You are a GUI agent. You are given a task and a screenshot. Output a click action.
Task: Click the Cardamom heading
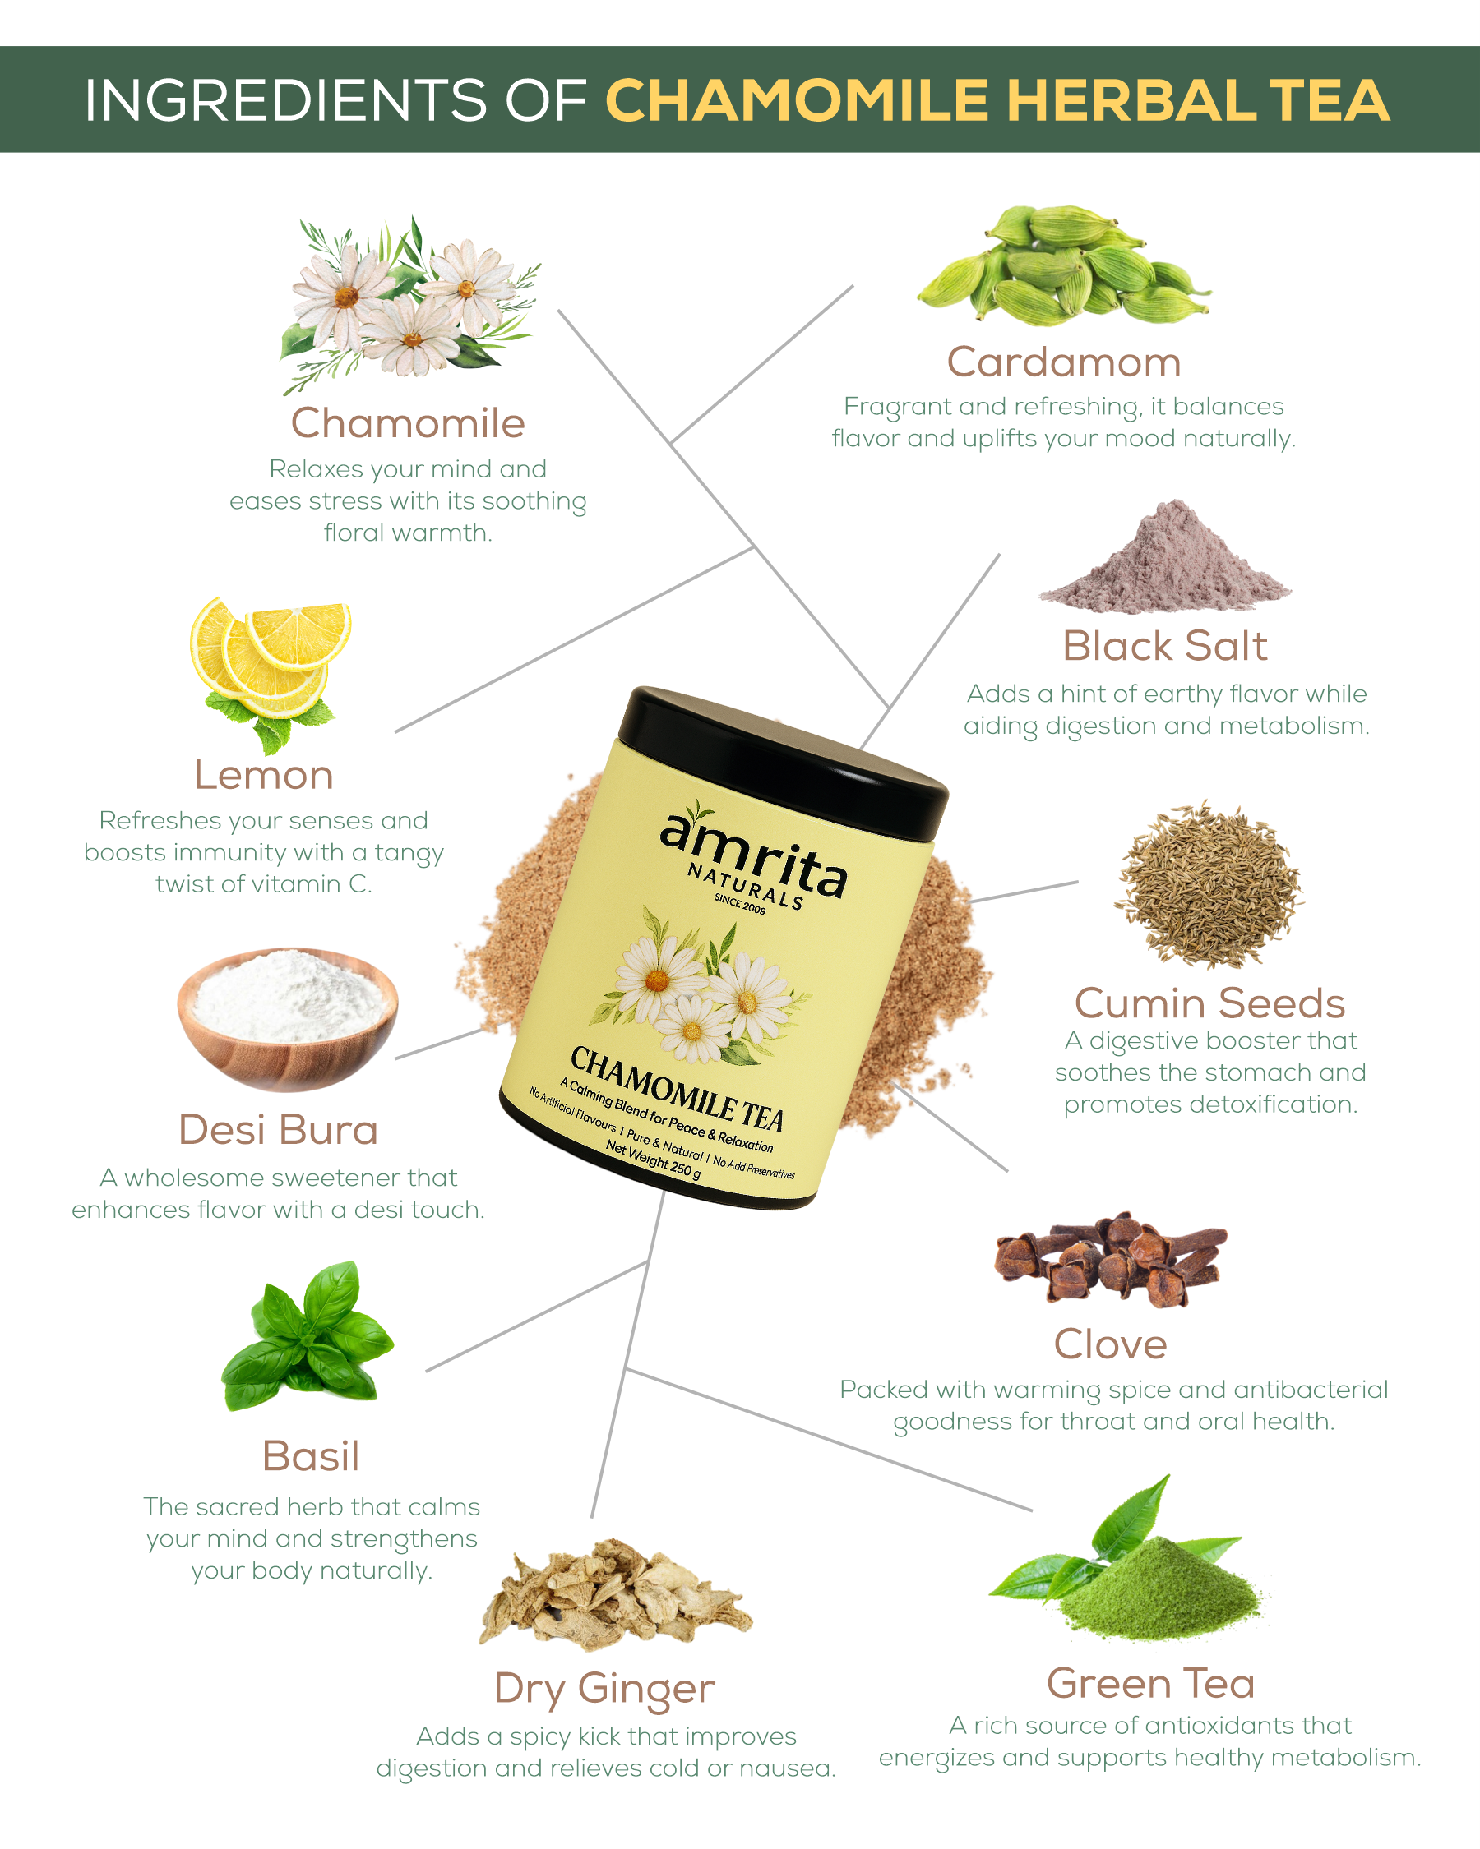click(1064, 362)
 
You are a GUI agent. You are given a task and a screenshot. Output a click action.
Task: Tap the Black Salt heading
click(1164, 646)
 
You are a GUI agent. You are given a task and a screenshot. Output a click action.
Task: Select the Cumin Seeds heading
click(1209, 1003)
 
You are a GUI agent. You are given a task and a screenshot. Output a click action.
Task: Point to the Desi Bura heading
click(278, 1129)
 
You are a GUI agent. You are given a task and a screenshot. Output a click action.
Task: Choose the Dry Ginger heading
click(604, 1689)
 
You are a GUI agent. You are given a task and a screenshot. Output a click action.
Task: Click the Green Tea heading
click(1150, 1683)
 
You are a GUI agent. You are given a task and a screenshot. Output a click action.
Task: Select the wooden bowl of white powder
click(288, 1019)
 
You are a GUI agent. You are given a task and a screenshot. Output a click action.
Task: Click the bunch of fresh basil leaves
click(308, 1336)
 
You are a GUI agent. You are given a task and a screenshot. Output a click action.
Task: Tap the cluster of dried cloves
click(1110, 1259)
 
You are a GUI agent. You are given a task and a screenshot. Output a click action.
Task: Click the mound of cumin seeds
click(1208, 886)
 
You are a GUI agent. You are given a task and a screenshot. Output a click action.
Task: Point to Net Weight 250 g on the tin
click(653, 1160)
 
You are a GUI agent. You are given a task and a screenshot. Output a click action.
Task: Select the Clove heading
click(1110, 1344)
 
